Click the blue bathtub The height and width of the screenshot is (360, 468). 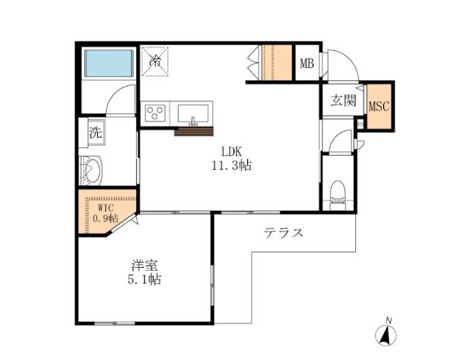[x=109, y=63]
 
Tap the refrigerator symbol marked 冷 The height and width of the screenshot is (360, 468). [x=156, y=61]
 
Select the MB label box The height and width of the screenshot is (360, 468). [x=306, y=64]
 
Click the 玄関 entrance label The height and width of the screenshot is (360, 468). [x=342, y=100]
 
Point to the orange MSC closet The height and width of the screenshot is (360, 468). [x=379, y=106]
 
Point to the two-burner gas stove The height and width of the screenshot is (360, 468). [x=156, y=113]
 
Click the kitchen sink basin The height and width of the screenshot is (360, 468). [x=193, y=113]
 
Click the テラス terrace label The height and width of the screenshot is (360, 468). [x=283, y=234]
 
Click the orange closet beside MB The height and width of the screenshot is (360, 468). [x=276, y=62]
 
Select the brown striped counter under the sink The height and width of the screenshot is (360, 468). [x=193, y=132]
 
